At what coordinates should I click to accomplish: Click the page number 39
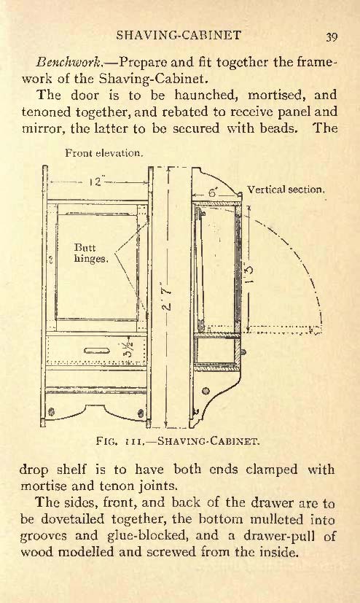click(332, 37)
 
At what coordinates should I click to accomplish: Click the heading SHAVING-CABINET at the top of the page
click(179, 35)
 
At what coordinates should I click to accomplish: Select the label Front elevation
click(104, 153)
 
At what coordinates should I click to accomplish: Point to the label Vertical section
click(286, 189)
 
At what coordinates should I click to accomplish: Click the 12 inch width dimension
click(96, 182)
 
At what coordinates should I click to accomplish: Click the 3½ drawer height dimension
click(128, 350)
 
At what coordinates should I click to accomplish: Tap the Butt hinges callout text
click(90, 253)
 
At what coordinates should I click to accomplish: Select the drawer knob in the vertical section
click(243, 351)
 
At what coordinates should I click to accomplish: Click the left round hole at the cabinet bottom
click(52, 412)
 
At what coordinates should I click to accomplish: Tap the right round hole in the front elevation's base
click(141, 413)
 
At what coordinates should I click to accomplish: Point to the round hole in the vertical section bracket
click(206, 392)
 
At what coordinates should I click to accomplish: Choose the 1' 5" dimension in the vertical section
click(249, 274)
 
